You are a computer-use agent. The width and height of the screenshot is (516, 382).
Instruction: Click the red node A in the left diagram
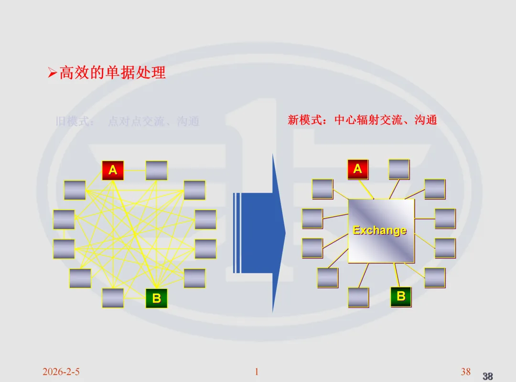point(113,170)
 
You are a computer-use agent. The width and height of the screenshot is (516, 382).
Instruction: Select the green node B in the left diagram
point(156,298)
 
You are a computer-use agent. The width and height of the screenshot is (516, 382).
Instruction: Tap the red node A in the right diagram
point(357,169)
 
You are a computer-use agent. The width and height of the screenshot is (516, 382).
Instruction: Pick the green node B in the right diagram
point(401,296)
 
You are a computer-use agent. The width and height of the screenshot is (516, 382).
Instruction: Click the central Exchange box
point(381,231)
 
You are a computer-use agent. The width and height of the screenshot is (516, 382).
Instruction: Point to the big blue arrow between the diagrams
point(260,233)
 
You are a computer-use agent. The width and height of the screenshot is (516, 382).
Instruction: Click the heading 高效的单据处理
point(112,73)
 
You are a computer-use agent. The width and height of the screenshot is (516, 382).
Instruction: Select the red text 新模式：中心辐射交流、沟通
point(362,120)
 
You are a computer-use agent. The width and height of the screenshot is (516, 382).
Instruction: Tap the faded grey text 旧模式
point(75,121)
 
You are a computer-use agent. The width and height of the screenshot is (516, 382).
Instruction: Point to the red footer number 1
point(257,372)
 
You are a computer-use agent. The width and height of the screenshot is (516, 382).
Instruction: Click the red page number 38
point(465,372)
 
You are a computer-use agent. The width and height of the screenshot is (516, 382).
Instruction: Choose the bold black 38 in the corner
point(487,376)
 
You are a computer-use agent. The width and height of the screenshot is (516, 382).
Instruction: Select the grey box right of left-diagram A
point(156,170)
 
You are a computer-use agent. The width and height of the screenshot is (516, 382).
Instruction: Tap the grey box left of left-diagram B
point(113,298)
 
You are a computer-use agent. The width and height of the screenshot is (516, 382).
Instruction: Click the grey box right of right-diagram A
point(399,169)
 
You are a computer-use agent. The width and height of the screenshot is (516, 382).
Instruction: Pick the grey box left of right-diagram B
point(358,297)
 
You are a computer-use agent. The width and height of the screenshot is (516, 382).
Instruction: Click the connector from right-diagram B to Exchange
point(396,275)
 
